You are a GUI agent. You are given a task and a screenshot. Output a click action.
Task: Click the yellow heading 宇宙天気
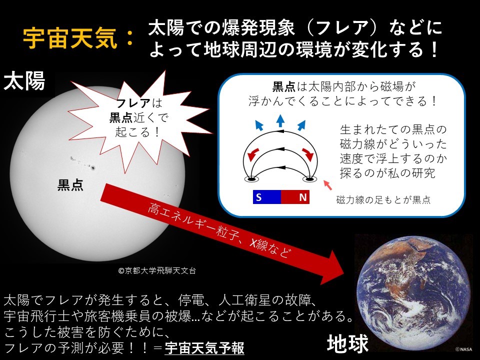(70, 38)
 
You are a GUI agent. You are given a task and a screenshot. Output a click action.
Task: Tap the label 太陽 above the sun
(24, 81)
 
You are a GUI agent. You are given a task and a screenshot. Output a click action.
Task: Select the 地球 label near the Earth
(348, 343)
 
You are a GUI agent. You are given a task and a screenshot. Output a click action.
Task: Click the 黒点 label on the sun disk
(70, 185)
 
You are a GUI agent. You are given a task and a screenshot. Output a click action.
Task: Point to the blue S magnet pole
(266, 197)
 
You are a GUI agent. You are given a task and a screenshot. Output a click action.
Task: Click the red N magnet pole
(295, 197)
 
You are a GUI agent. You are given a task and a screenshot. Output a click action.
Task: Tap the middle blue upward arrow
(280, 120)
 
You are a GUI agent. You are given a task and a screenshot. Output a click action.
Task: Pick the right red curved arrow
(308, 154)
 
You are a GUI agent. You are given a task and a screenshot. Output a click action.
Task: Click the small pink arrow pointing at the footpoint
(327, 185)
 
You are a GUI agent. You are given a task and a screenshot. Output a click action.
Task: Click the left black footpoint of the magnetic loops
(251, 179)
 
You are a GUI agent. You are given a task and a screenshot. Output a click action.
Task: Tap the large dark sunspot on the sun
(93, 167)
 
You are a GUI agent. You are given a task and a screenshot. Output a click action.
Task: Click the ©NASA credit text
(463, 349)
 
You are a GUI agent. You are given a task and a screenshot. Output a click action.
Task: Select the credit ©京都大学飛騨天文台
(157, 270)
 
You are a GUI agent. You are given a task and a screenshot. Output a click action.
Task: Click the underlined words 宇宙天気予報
(204, 348)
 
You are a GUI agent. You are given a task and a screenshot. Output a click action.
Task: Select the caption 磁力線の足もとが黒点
(383, 200)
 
